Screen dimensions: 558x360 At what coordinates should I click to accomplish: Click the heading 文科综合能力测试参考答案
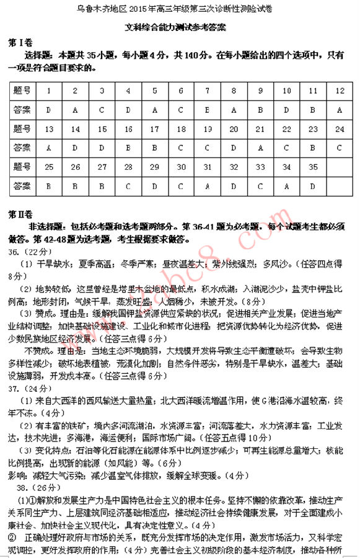180,28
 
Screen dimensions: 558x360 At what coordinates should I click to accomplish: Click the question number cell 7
207,91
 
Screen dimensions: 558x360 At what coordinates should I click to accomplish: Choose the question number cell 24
339,129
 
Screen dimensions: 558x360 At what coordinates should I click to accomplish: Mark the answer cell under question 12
339,110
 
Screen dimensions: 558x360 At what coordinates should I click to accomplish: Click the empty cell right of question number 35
339,167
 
